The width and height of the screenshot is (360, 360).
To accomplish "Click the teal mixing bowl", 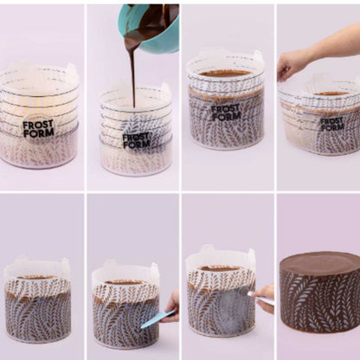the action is coord(150,28).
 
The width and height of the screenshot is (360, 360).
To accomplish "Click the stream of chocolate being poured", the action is coord(133,72).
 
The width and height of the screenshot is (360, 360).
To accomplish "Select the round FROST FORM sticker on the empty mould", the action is coord(39,129).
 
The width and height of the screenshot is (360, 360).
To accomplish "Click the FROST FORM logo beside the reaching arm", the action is coord(332,125).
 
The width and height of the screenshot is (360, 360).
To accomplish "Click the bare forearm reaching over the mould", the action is coord(331,43).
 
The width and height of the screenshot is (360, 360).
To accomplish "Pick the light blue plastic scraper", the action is coord(157,319).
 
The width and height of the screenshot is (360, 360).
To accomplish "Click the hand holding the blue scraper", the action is coord(171,307).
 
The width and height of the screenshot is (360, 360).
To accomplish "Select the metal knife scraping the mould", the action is coord(260,298).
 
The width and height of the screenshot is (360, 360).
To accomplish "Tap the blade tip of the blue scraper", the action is coord(142,327).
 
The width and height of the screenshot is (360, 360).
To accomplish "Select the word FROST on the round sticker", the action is coord(38,125).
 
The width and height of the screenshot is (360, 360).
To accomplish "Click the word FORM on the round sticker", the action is coord(39,132).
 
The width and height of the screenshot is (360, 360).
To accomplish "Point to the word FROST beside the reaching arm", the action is coord(331,121).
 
